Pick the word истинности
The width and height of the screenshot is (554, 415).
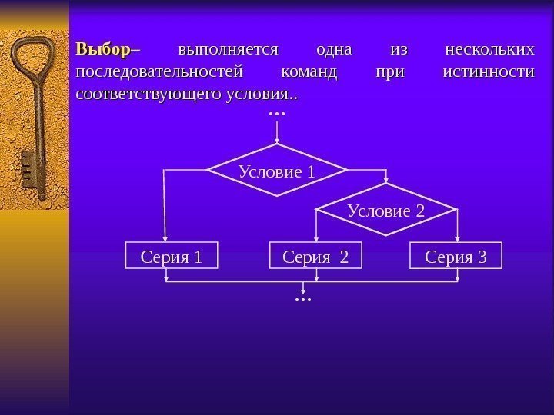pos(489,72)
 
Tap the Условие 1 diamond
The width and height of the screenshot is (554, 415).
pos(277,171)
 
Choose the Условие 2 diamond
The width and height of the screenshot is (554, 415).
pos(386,209)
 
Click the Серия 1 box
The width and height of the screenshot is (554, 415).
pos(172,256)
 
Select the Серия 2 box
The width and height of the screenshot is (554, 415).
pos(316,256)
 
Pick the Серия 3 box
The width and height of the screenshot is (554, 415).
pos(456,256)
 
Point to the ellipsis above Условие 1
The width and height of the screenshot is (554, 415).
pos(277,114)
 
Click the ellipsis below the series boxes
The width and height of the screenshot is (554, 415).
pos(304,297)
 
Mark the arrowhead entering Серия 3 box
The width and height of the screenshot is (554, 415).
pos(458,240)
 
